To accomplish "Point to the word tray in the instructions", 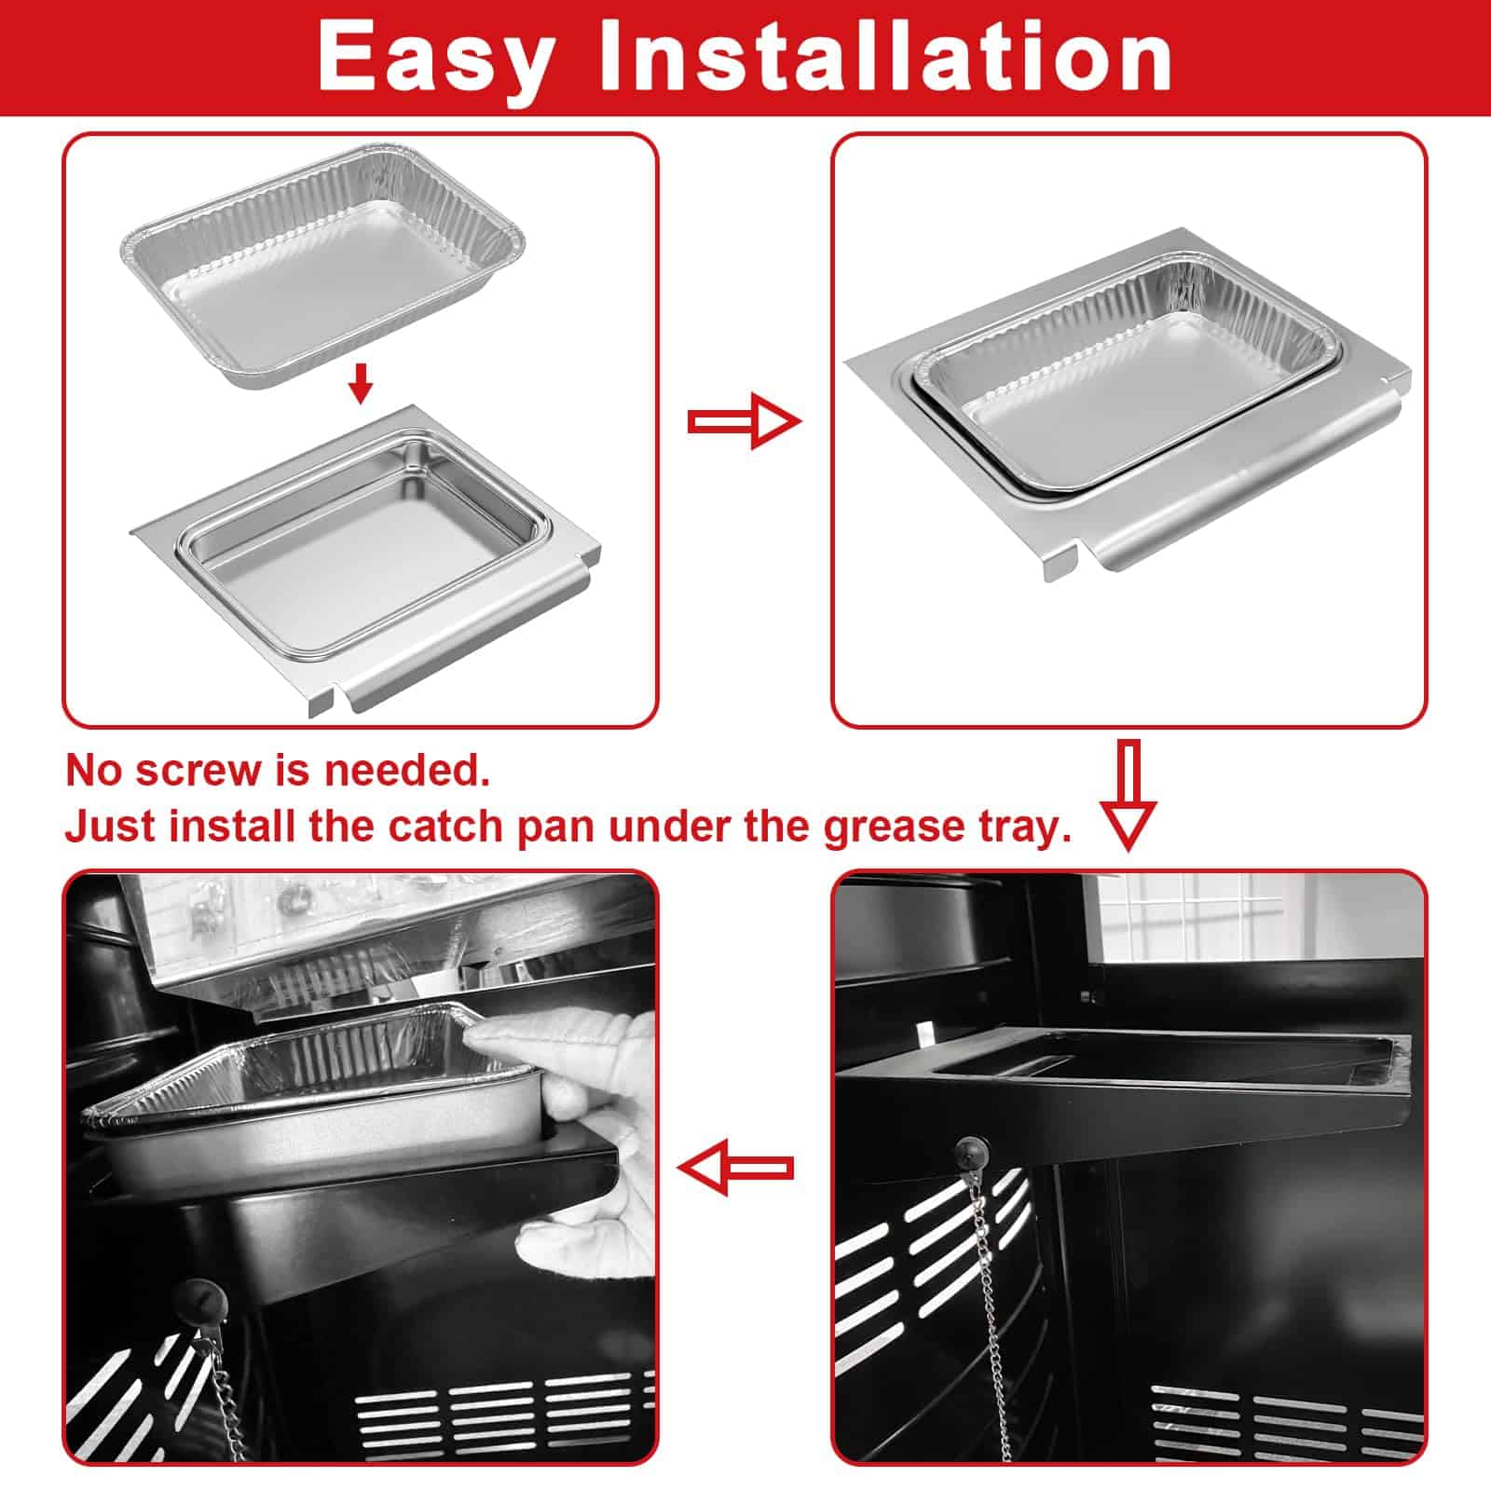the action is (x=1020, y=828).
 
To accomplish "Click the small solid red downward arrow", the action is (x=361, y=383).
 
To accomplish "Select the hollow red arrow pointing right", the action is (x=744, y=422).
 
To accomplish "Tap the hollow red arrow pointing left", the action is (x=735, y=1167).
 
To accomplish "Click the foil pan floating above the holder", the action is (x=322, y=266).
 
